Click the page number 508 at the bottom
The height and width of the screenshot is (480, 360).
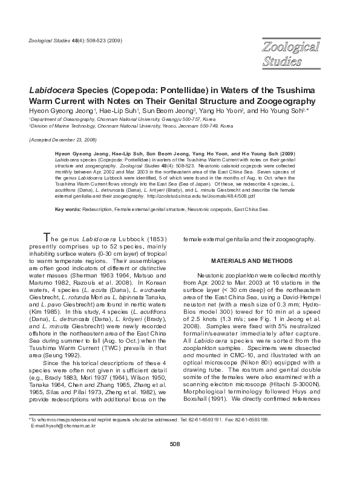pos(175,461)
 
